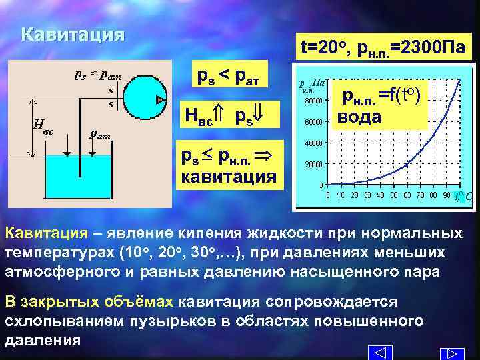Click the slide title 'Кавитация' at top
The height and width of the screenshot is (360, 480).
[x=73, y=35]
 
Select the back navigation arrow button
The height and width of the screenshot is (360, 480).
[x=379, y=353]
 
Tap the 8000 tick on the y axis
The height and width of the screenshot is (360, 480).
[x=313, y=101]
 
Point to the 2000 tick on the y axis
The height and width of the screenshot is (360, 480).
[x=313, y=163]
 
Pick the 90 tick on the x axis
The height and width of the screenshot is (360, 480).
[x=445, y=195]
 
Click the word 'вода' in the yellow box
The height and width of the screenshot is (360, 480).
[x=359, y=118]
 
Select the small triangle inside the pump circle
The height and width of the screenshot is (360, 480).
[x=161, y=100]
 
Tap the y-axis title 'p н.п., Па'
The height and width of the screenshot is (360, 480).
[x=312, y=84]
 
